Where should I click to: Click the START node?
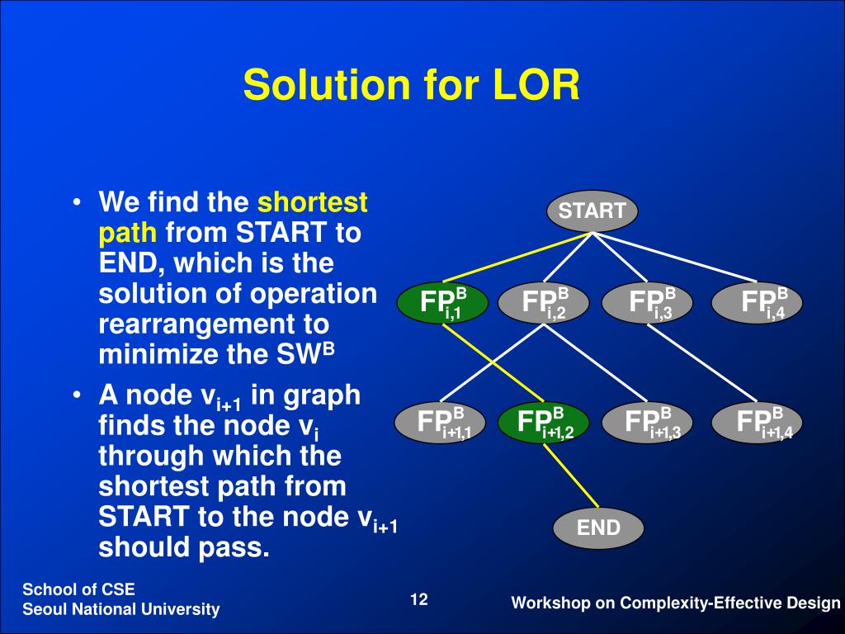point(592,211)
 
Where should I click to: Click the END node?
point(598,528)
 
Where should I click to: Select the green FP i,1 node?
point(442,303)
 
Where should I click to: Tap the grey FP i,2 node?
point(545,303)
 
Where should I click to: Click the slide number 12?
point(419,599)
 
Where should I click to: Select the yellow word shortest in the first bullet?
point(313,202)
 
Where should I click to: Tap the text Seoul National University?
point(121,610)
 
